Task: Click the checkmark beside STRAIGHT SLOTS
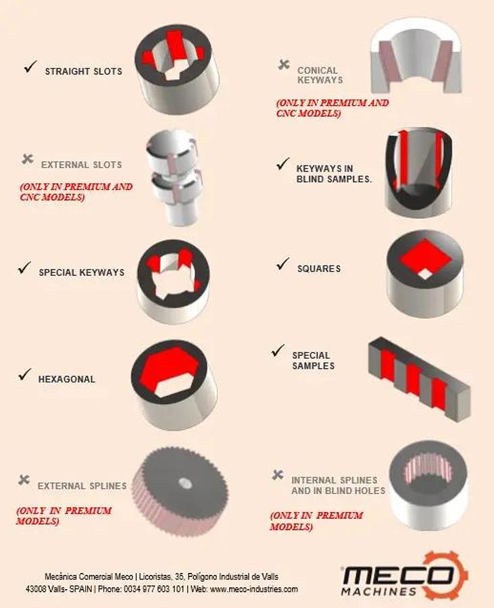30,67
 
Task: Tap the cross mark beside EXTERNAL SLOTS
28,159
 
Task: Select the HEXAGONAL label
67,379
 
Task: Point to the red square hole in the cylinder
426,258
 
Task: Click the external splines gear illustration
180,490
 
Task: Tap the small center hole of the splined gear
185,482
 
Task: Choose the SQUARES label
319,269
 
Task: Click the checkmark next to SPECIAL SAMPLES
278,351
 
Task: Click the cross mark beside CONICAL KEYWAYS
284,65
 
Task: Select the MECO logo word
398,576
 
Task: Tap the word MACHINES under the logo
379,592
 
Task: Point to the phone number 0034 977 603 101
154,589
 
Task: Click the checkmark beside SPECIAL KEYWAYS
24,268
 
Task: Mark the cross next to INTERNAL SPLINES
278,474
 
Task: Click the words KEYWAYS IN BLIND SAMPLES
334,174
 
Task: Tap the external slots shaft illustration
174,178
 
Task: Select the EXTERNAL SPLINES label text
82,486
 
